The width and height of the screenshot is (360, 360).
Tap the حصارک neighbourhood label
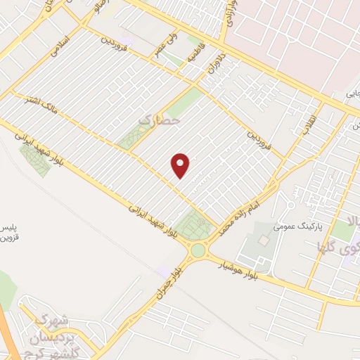[x=160, y=121]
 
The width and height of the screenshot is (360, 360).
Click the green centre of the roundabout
[x=198, y=250]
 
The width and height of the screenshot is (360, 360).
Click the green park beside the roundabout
[x=194, y=226]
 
